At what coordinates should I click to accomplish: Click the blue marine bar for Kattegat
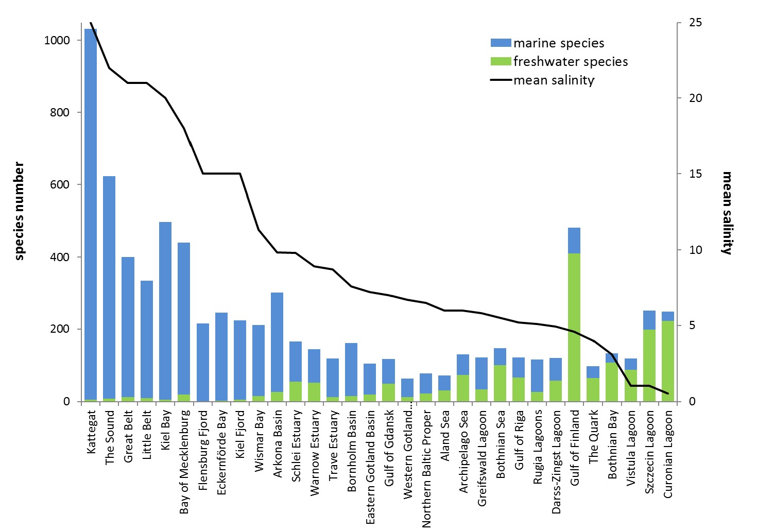91,206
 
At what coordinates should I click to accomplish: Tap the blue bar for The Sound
109,283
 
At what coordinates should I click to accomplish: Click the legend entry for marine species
558,43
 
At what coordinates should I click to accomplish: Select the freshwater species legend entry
570,62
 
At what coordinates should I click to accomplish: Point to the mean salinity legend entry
554,80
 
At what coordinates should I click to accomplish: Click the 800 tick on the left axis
60,113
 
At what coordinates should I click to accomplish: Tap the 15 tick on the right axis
695,174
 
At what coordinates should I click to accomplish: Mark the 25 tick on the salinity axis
695,23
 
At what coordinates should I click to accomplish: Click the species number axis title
20,211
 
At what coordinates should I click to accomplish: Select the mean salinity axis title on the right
727,213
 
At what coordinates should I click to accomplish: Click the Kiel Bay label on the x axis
165,430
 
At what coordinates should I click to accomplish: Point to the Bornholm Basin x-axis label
352,451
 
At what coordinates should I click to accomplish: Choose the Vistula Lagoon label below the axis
630,448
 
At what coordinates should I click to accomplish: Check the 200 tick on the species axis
60,329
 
